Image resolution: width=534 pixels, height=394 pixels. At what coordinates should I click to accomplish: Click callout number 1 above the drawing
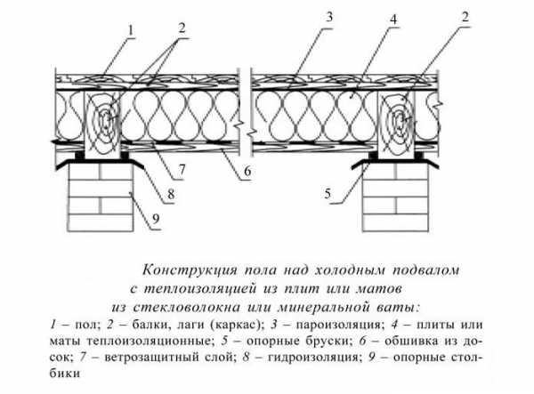131,31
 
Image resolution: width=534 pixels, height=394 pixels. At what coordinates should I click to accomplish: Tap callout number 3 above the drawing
328,17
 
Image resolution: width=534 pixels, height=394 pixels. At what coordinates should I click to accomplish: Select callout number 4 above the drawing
393,20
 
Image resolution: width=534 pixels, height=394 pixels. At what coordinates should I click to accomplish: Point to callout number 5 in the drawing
328,194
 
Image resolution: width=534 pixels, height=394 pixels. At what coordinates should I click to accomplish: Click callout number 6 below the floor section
247,171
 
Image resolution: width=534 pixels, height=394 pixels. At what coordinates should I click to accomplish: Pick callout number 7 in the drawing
182,169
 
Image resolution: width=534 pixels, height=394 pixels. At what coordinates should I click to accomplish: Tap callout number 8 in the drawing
171,194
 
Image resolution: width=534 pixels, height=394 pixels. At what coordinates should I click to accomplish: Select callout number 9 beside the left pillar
156,219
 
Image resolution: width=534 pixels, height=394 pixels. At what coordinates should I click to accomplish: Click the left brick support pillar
101,197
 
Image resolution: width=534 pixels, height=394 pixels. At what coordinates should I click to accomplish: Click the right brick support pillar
395,197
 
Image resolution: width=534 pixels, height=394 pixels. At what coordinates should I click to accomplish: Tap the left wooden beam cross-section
103,125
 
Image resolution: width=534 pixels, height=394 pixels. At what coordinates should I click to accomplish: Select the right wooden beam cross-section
396,125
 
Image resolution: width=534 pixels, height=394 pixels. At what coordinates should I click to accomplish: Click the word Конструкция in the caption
190,270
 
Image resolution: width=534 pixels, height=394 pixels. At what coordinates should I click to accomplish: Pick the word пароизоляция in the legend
337,325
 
